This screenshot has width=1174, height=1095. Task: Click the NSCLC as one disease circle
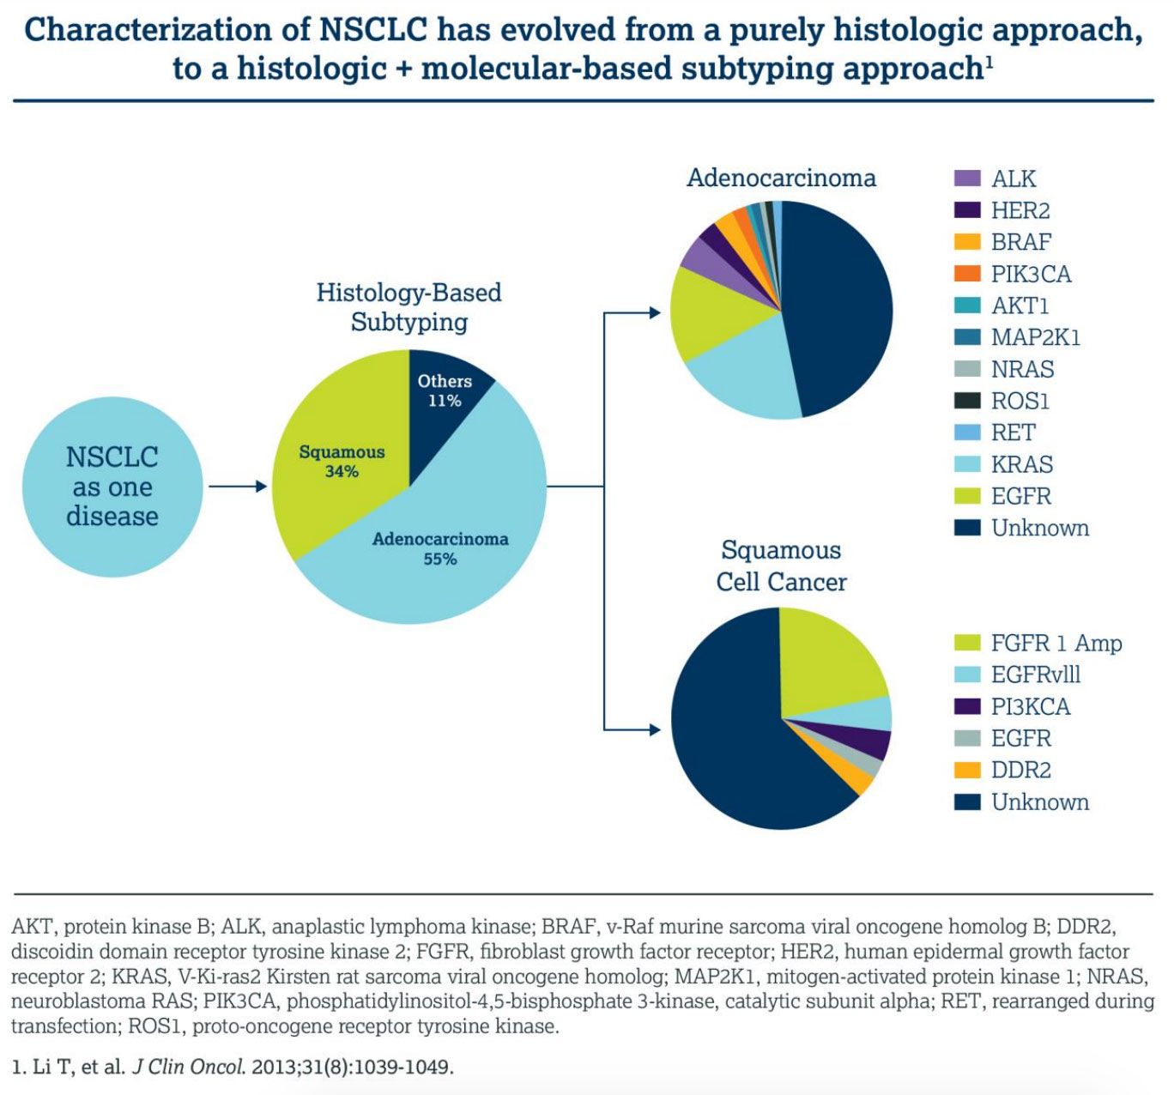[x=112, y=487]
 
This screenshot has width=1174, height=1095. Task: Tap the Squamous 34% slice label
[x=342, y=461]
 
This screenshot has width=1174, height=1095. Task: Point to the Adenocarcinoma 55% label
[x=439, y=548]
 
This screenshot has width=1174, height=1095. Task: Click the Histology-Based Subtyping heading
[x=408, y=306]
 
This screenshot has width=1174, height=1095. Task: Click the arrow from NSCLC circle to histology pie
[x=238, y=487]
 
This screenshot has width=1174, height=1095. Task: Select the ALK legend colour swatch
[x=967, y=178]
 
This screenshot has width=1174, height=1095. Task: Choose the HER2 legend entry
[x=1020, y=210]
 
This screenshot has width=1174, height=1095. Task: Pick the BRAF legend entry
[x=1020, y=242]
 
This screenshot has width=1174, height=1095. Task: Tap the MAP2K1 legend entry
[x=1035, y=337]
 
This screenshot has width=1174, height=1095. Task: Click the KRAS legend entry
[x=1021, y=464]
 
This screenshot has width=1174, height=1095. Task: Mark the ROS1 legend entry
[x=1020, y=401]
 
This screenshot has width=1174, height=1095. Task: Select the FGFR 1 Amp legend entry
[x=1056, y=643]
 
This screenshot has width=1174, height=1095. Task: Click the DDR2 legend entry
[x=1020, y=770]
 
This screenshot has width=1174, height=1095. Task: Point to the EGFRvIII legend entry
[x=1035, y=675]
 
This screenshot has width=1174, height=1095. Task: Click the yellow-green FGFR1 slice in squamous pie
[x=828, y=669]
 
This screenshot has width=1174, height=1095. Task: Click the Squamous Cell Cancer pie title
[x=781, y=566]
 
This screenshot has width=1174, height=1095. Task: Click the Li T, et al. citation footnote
[x=232, y=1067]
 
